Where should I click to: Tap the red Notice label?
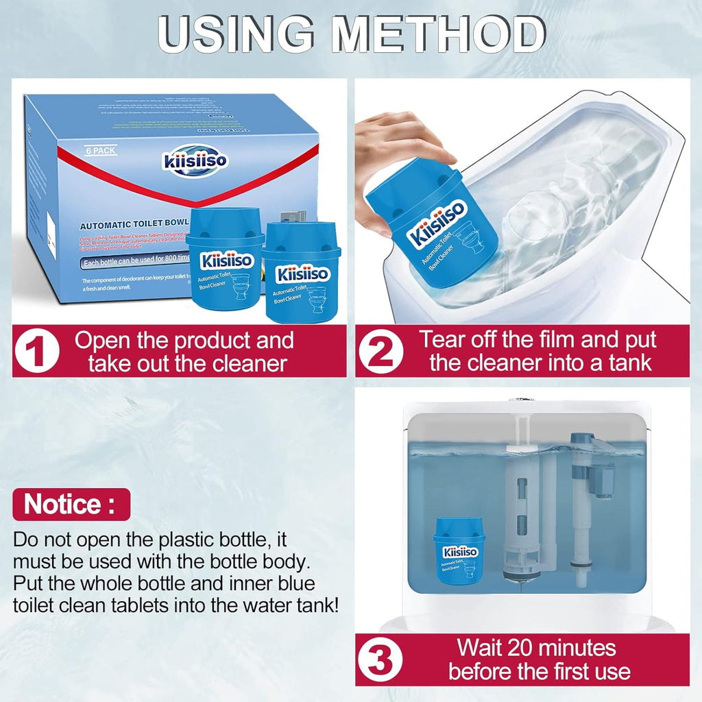point(71,505)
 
